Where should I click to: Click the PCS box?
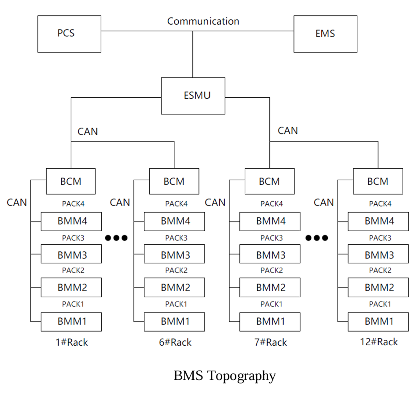pos(69,34)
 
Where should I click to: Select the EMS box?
pos(325,34)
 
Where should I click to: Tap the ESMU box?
pos(193,96)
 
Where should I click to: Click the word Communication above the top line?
pos(203,21)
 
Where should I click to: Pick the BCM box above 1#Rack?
pos(71,181)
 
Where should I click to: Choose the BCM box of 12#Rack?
pos(378,181)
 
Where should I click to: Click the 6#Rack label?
pos(175,342)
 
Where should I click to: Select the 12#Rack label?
pos(379,342)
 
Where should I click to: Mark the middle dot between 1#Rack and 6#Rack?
pos(116,238)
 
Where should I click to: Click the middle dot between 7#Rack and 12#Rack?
pos(317,238)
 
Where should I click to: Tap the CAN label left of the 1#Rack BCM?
pos(17,203)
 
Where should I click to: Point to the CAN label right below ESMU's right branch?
pos(288,131)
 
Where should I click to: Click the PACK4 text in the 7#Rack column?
pos(272,204)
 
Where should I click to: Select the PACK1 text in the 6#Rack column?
pos(176,304)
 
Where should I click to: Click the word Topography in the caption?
pos(241,376)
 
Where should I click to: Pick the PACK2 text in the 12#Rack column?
pos(380,271)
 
